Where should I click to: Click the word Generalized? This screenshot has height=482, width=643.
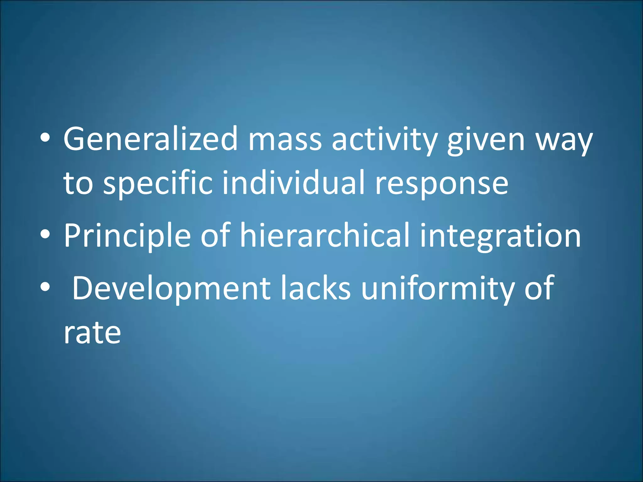150,138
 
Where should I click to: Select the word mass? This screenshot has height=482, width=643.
285,139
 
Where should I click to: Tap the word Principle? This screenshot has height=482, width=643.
127,236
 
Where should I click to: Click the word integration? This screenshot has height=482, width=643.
500,236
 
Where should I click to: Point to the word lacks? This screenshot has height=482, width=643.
315,288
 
